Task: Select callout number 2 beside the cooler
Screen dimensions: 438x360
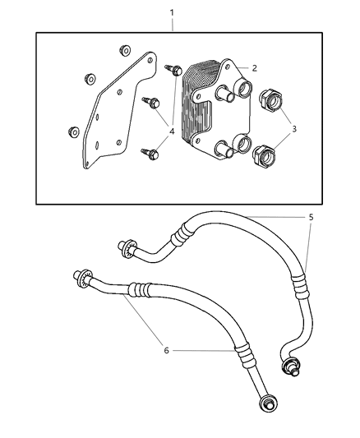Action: (x=255, y=68)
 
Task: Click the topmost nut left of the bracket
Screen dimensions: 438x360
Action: (x=125, y=49)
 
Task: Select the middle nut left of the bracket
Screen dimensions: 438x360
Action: (x=88, y=80)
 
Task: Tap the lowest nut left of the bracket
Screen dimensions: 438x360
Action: (x=72, y=131)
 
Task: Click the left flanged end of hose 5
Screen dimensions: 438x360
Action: (x=127, y=245)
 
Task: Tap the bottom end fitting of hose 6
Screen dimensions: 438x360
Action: (x=268, y=403)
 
